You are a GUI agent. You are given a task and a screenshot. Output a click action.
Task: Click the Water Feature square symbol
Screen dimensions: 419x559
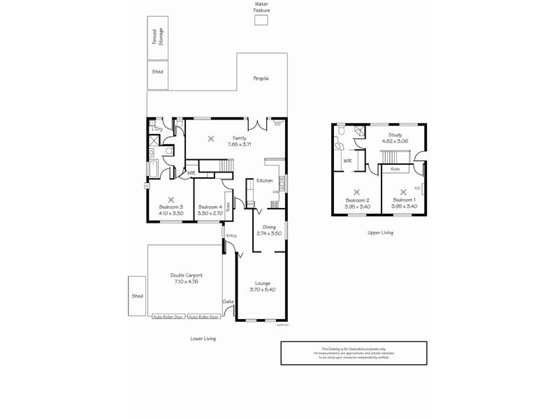[261, 21]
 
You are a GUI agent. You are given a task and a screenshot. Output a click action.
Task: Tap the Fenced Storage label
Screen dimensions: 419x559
[158, 37]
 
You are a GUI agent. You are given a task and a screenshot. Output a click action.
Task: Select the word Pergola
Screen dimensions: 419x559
[261, 78]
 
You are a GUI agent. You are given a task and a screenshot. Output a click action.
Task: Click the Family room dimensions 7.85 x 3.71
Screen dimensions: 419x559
[239, 144]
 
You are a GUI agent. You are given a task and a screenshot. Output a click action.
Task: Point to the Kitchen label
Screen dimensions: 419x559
[264, 181]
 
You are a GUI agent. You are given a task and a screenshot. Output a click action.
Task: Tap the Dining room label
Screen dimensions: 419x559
[270, 227]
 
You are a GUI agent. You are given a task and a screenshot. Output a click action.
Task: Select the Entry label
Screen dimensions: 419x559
[231, 236]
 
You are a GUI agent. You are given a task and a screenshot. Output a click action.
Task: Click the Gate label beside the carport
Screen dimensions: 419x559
[228, 302]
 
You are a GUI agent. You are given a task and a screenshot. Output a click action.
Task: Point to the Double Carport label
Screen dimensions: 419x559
[186, 275]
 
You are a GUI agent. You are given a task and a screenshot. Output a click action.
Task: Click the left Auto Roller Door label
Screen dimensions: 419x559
[169, 317]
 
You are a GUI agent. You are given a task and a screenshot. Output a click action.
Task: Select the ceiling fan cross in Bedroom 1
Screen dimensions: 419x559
[403, 191]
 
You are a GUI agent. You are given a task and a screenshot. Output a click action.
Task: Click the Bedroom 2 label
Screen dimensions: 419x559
[356, 201]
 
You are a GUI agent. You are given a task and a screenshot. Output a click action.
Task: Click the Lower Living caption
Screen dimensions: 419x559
[203, 338]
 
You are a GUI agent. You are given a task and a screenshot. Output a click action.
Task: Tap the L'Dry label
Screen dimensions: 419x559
[157, 129]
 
